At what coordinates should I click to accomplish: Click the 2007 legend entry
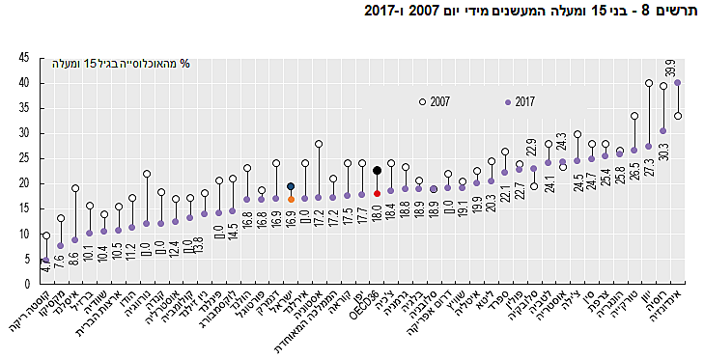[x=439, y=101]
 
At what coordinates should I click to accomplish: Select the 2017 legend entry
[x=525, y=101]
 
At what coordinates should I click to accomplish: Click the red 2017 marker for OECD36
[x=377, y=194]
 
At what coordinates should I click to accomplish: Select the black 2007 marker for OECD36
[x=377, y=171]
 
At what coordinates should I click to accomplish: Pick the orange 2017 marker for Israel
[x=291, y=200]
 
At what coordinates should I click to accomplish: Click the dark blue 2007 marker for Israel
[x=291, y=187]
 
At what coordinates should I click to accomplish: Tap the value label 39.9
[x=669, y=69]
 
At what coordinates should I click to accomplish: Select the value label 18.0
[x=377, y=213]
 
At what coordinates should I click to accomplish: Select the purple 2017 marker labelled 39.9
[x=677, y=83]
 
